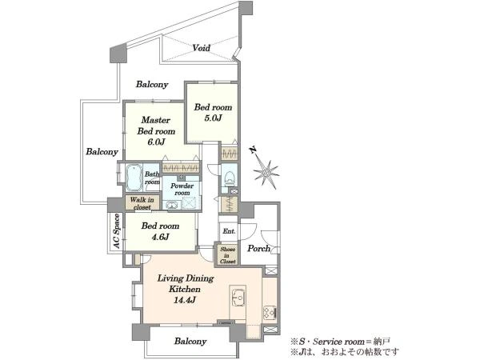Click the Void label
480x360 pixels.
pos(201,48)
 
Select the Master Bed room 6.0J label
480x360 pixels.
pos(156,131)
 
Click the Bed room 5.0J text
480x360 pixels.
pos(213,112)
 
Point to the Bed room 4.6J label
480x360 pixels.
pos(160,231)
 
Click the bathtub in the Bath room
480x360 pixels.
pos(134,178)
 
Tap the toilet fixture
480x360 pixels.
pos(230,178)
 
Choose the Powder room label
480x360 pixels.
pos(182,189)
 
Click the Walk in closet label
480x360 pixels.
pos(142,203)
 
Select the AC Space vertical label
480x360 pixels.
pos(116,231)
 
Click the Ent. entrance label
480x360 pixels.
pos(229,231)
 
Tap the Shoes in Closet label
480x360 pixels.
pos(227,255)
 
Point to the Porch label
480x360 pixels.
pos(259,248)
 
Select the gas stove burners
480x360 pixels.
pos(270,313)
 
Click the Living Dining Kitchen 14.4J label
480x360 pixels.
pos(186,289)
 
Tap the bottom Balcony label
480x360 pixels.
pos(190,341)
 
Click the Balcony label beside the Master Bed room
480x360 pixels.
pos(102,151)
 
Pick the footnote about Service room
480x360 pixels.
pos(341,341)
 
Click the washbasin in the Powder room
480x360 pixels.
pos(171,205)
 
